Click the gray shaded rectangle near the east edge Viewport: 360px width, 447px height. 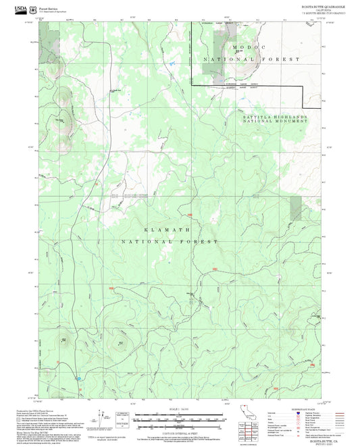click(295, 209)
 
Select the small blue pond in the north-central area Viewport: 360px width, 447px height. click(172, 63)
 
